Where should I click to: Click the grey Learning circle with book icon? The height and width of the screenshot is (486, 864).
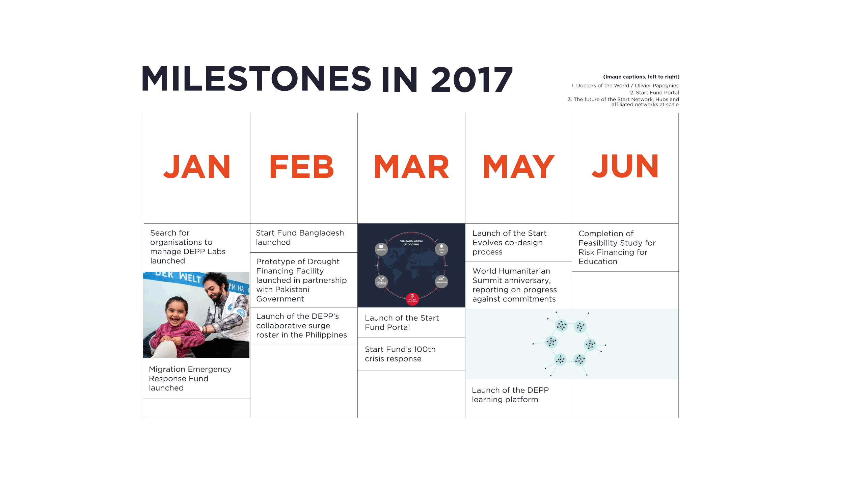click(x=381, y=249)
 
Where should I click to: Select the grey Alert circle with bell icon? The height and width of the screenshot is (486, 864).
click(x=441, y=249)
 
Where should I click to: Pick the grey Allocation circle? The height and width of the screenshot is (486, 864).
click(x=441, y=281)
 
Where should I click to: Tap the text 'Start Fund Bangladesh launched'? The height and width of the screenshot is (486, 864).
click(x=300, y=238)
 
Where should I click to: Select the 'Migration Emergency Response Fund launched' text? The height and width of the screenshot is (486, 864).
click(x=190, y=378)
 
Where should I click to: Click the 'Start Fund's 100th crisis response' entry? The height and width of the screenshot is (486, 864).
click(x=400, y=354)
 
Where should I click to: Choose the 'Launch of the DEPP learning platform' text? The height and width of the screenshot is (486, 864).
click(x=510, y=395)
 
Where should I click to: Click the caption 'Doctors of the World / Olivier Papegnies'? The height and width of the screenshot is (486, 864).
click(x=625, y=86)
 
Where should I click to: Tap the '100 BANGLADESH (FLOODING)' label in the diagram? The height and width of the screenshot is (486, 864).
click(x=411, y=243)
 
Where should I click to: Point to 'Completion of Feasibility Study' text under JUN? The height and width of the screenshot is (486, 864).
click(x=617, y=247)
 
